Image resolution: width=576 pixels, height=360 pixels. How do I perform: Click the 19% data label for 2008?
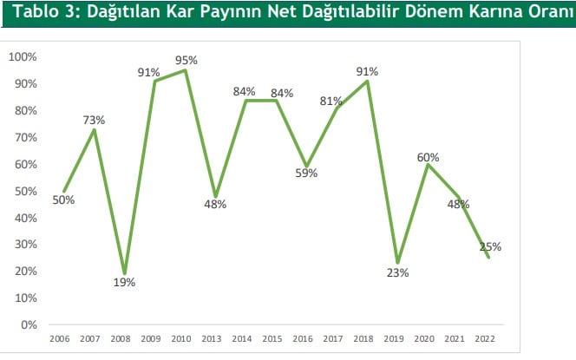(124, 282)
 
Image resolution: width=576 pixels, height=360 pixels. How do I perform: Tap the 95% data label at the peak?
(187, 61)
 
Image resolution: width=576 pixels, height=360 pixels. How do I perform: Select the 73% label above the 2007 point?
(93, 120)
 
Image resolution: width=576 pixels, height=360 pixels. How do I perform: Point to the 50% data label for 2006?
(63, 200)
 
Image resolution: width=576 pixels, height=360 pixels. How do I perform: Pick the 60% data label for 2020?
(428, 157)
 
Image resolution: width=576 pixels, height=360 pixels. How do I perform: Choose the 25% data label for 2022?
(490, 247)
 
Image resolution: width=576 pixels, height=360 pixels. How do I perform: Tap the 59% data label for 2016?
(306, 173)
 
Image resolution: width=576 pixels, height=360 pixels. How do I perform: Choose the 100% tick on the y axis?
(22, 57)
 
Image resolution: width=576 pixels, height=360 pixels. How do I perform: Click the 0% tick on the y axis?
(28, 324)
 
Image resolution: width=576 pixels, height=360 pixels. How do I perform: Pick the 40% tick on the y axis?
(24, 218)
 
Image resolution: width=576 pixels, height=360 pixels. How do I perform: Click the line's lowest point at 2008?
(124, 273)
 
